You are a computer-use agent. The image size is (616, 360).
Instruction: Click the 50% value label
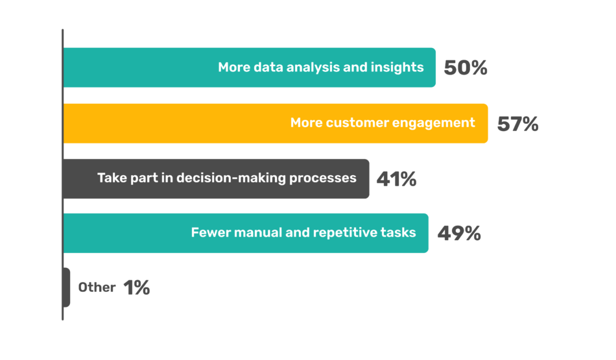pos(466,67)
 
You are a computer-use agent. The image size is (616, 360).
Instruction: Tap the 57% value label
pos(518,124)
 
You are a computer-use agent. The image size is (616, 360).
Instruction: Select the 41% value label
pos(396,179)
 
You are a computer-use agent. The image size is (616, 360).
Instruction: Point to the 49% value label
pos(459,233)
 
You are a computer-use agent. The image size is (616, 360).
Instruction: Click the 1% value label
pos(137,287)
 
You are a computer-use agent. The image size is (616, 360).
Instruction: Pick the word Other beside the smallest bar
pos(97,287)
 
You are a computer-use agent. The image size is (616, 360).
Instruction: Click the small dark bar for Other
pos(66,287)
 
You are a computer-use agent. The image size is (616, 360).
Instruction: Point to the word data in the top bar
pos(268,67)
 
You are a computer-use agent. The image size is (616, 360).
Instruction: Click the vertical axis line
pos(62,174)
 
